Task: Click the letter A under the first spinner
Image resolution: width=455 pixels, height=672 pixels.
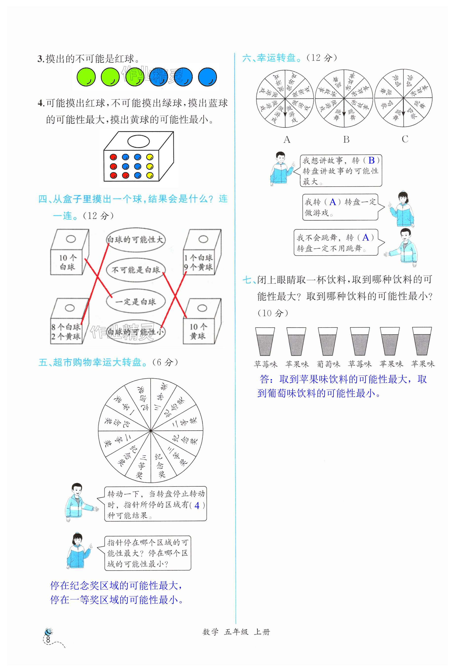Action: [287, 140]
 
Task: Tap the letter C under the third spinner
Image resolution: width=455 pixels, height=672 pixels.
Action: [405, 139]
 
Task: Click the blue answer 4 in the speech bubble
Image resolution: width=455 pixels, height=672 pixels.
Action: [197, 506]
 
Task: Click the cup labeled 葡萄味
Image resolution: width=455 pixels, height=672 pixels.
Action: [328, 342]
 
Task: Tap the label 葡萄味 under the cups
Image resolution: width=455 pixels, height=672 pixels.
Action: [328, 364]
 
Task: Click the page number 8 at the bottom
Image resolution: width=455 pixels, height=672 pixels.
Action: [48, 640]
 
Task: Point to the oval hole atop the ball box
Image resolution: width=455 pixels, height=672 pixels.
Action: [138, 141]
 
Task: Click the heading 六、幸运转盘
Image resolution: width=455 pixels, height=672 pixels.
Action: [270, 58]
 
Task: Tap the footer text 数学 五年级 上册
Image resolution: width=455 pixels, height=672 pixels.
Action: [236, 632]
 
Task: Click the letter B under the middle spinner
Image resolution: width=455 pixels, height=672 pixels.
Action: [346, 139]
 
